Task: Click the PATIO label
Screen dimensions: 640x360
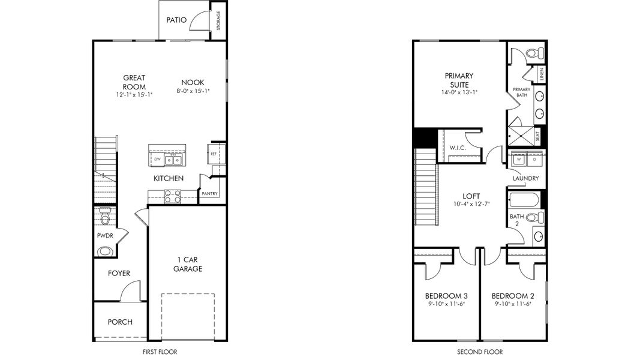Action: (x=176, y=20)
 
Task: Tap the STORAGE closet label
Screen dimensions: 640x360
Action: (x=218, y=20)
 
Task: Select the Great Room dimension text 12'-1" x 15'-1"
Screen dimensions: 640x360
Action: (x=134, y=95)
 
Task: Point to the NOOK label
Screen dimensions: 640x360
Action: (x=193, y=82)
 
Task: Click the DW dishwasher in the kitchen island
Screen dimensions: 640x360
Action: (x=157, y=159)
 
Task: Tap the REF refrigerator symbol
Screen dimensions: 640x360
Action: (x=214, y=154)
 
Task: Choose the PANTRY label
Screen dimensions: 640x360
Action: (x=209, y=193)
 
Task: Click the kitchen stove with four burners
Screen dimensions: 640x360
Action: (x=172, y=196)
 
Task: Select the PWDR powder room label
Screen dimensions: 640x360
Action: (x=105, y=236)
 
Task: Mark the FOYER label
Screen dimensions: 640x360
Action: (x=119, y=274)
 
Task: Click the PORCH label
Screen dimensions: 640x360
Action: (x=120, y=322)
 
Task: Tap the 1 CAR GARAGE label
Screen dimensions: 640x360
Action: (x=188, y=264)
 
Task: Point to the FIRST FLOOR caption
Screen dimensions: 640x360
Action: (x=160, y=352)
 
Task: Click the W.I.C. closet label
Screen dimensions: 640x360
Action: (x=458, y=148)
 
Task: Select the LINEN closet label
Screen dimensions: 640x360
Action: (x=541, y=74)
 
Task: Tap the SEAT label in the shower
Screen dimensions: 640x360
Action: (x=537, y=136)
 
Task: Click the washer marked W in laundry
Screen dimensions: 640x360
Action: (x=519, y=159)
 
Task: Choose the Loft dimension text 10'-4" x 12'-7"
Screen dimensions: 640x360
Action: (x=471, y=204)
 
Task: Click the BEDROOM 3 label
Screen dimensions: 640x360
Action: (x=446, y=296)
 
